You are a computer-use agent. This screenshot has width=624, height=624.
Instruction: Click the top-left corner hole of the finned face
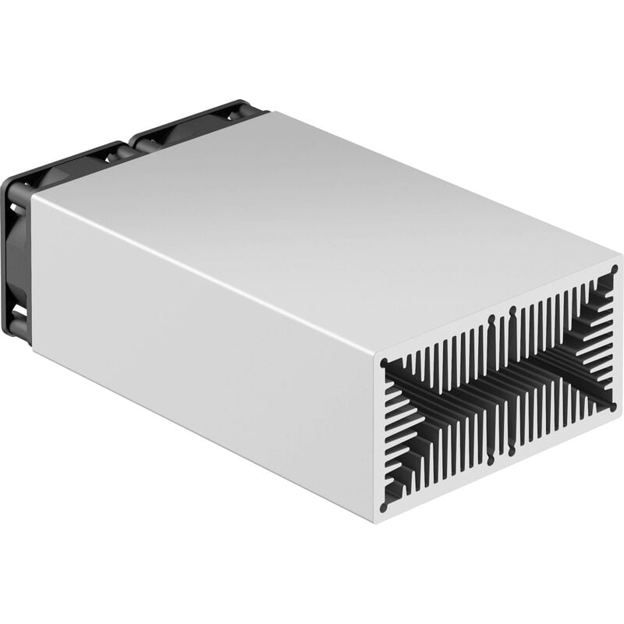pyautogui.click(x=385, y=363)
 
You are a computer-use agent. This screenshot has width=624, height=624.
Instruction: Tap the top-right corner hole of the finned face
pyautogui.click(x=614, y=270)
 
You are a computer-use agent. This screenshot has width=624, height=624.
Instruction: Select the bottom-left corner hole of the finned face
pyautogui.click(x=384, y=507)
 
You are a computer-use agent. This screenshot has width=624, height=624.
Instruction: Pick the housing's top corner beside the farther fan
pyautogui.click(x=269, y=112)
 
